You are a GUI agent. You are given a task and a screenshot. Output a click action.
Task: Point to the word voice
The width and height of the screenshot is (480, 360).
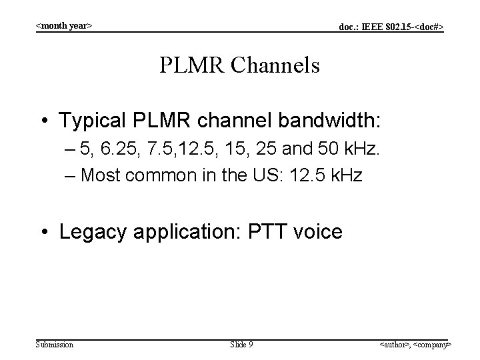click(315, 232)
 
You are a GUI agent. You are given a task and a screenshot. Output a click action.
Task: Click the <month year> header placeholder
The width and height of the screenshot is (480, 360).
click(63, 26)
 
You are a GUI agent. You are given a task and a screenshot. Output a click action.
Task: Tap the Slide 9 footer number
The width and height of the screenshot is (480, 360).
click(241, 344)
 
